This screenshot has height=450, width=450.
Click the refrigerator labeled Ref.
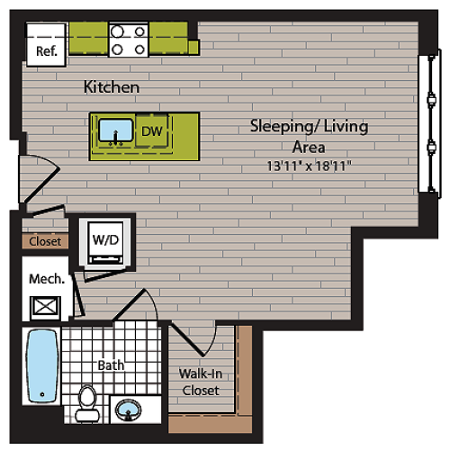46,51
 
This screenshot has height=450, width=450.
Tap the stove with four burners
128,40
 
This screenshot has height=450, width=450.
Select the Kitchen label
112,88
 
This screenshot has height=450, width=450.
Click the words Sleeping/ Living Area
308,136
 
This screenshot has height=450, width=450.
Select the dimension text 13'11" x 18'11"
308,166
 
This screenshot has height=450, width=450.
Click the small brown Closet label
44,241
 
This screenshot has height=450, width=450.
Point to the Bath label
111,366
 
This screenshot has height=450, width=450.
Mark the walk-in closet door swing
193,342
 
